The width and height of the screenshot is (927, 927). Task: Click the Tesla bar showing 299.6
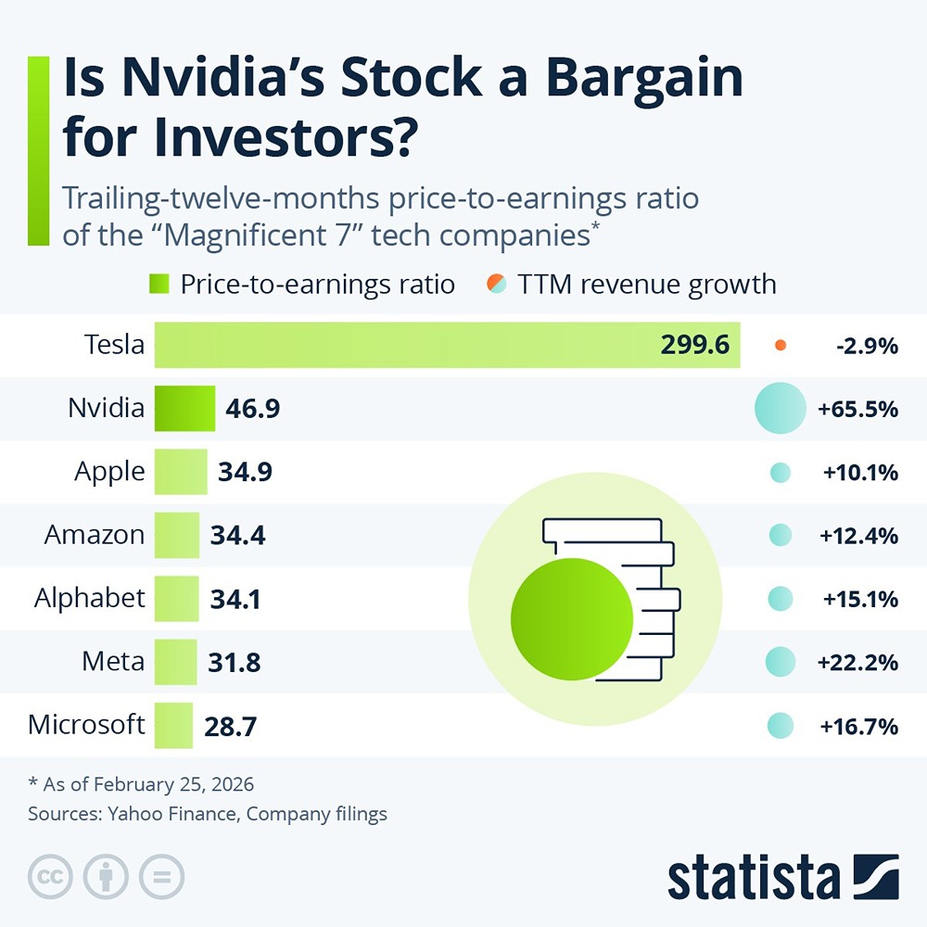click(445, 345)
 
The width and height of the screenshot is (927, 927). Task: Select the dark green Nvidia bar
click(184, 409)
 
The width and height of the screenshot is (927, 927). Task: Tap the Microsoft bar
click(173, 725)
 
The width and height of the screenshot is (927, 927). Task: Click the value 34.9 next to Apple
click(245, 472)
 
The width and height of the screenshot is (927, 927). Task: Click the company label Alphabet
click(90, 598)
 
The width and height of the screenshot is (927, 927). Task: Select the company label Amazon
click(95, 535)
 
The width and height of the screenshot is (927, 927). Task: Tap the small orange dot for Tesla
click(781, 346)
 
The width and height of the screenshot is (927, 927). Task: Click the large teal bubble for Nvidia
click(780, 409)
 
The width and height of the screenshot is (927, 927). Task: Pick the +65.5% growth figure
click(857, 409)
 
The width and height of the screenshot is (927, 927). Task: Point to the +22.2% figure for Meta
click(857, 663)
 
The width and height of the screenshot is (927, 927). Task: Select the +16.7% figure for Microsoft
click(858, 726)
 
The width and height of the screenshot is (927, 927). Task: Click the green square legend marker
click(158, 283)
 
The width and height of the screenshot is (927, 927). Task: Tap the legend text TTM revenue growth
click(647, 283)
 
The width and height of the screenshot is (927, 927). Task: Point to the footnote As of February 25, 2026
click(141, 784)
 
